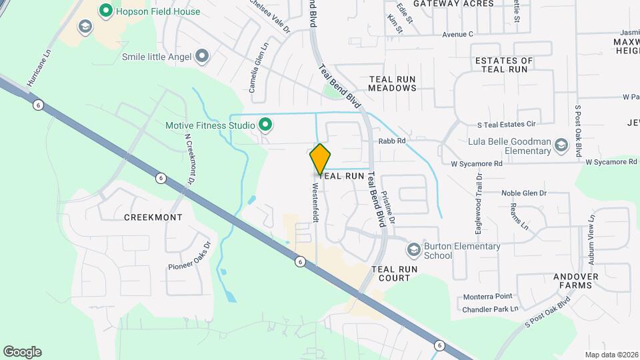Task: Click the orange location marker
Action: [x=320, y=159]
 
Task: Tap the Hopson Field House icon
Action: [x=105, y=11]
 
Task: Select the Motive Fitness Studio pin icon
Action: [x=265, y=125]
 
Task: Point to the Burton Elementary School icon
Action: [x=413, y=250]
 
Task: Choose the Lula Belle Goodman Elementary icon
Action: [x=561, y=145]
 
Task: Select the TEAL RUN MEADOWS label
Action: [x=392, y=83]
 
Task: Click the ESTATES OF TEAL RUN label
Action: [x=503, y=65]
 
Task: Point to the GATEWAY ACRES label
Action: [x=453, y=4]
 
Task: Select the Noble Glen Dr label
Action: [x=524, y=193]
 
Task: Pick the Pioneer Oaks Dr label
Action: [x=189, y=259]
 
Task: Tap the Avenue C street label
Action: [x=457, y=34]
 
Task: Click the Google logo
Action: [x=22, y=352]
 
